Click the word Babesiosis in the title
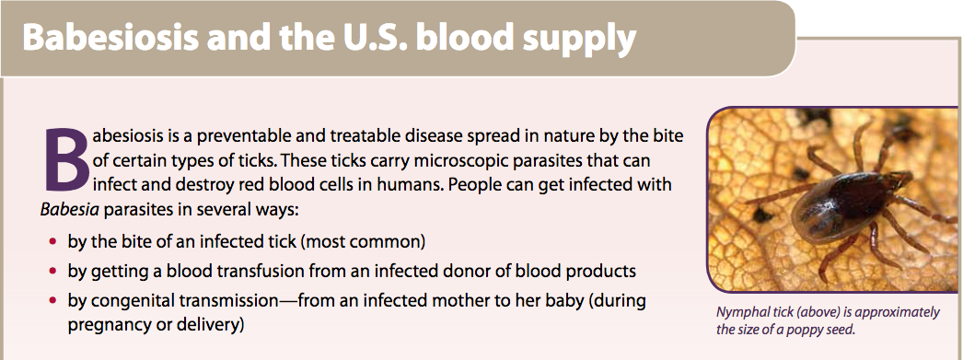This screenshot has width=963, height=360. click(110, 38)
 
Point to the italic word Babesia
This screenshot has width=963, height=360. click(69, 209)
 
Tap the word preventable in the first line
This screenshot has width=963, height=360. click(220, 135)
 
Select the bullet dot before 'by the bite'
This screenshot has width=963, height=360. click(54, 241)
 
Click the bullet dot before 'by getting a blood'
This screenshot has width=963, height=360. click(54, 271)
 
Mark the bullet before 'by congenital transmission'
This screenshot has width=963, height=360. click(54, 300)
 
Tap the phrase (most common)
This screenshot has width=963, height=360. click(363, 242)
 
